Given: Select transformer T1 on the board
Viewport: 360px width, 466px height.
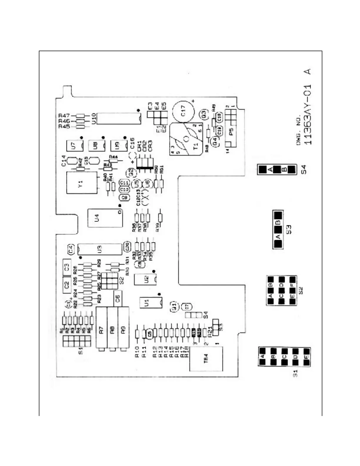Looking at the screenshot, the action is pos(186,139).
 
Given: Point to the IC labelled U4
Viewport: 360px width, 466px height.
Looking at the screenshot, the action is pos(105,218).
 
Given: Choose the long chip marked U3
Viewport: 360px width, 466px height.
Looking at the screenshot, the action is pos(100,249).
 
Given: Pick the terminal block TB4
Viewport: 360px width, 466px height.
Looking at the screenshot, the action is pos(206,359).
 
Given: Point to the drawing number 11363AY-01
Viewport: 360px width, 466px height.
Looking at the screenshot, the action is pos(308,115).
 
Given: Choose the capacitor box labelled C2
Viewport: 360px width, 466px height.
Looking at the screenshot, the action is pos(67,284).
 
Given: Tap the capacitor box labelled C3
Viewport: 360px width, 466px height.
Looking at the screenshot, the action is pos(67,267).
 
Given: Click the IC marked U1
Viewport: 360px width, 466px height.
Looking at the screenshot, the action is pos(151,302).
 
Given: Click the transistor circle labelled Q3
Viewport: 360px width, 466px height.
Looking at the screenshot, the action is pos(203,114).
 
